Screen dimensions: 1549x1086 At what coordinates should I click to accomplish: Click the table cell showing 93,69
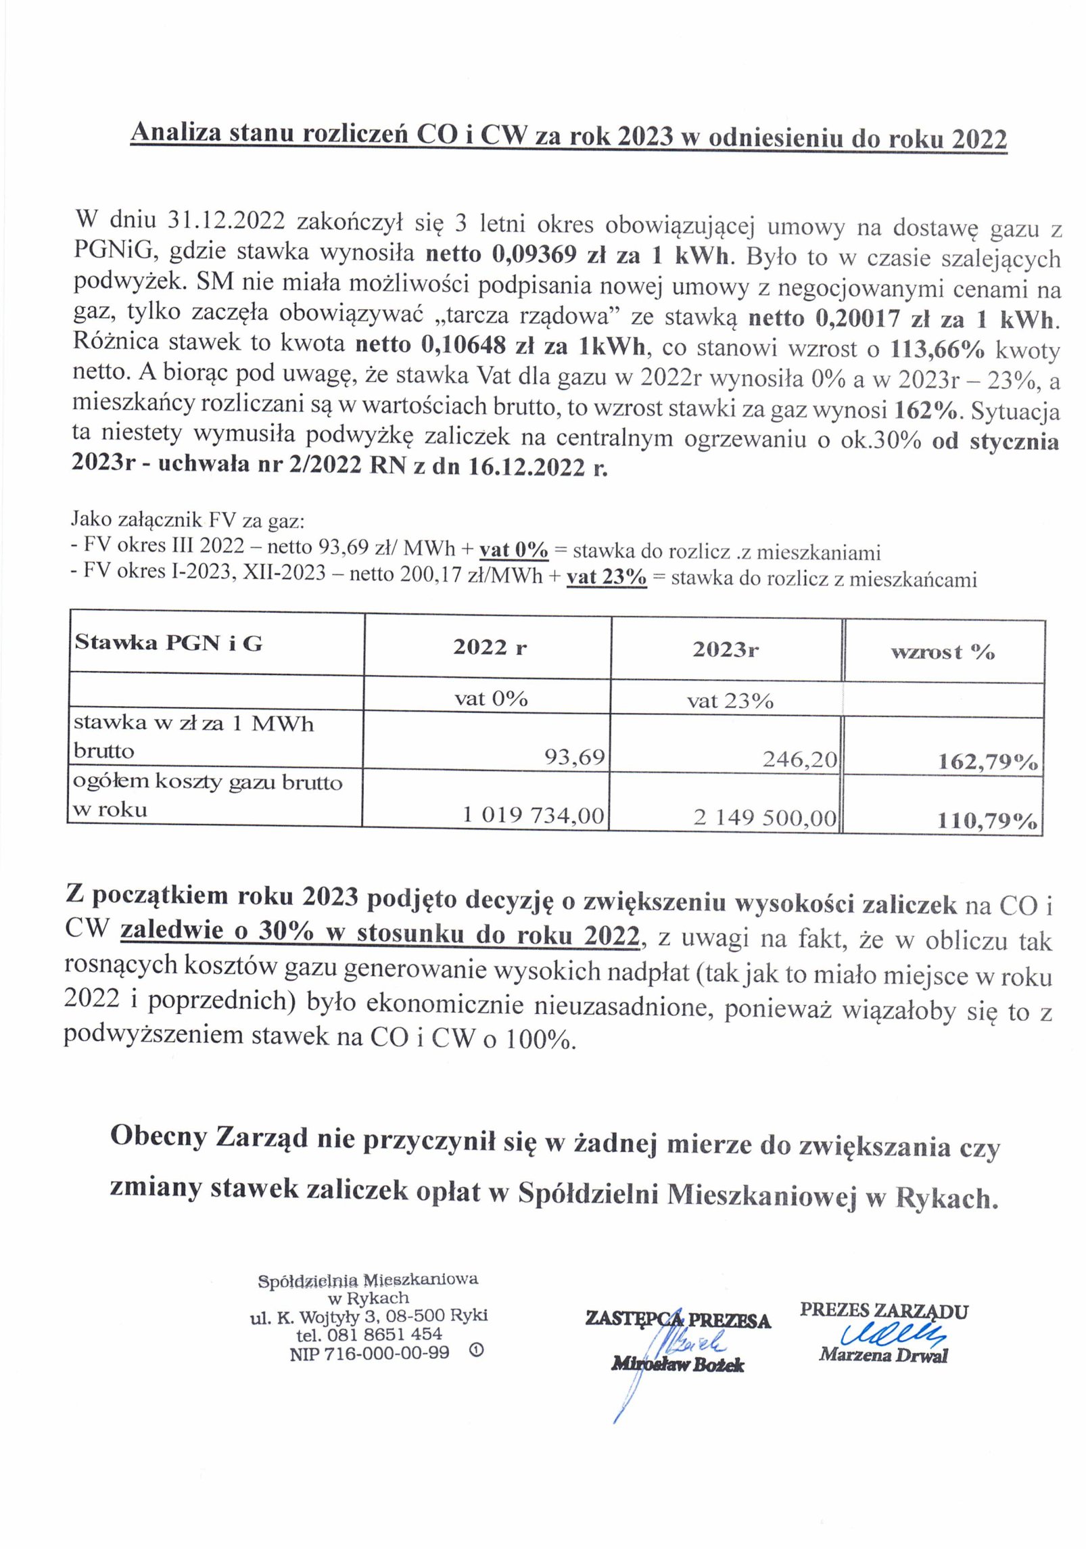point(574,757)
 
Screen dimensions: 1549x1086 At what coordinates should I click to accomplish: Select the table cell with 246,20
point(800,760)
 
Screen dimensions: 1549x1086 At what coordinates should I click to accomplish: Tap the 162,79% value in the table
point(988,762)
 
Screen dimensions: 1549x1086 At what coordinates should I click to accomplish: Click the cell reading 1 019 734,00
point(533,815)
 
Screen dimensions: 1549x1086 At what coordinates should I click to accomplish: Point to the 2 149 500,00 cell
point(765,818)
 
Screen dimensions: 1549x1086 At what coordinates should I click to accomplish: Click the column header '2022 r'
point(490,647)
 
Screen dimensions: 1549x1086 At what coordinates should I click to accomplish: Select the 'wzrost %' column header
point(943,652)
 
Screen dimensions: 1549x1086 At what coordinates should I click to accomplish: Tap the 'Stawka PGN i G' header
point(168,642)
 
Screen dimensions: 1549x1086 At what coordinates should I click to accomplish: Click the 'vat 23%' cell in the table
point(730,700)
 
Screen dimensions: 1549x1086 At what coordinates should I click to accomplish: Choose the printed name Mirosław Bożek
point(678,1364)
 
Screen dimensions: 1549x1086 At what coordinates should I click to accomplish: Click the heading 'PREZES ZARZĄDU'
point(884,1310)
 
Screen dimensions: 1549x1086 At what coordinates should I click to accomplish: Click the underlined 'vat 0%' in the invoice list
point(514,551)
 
